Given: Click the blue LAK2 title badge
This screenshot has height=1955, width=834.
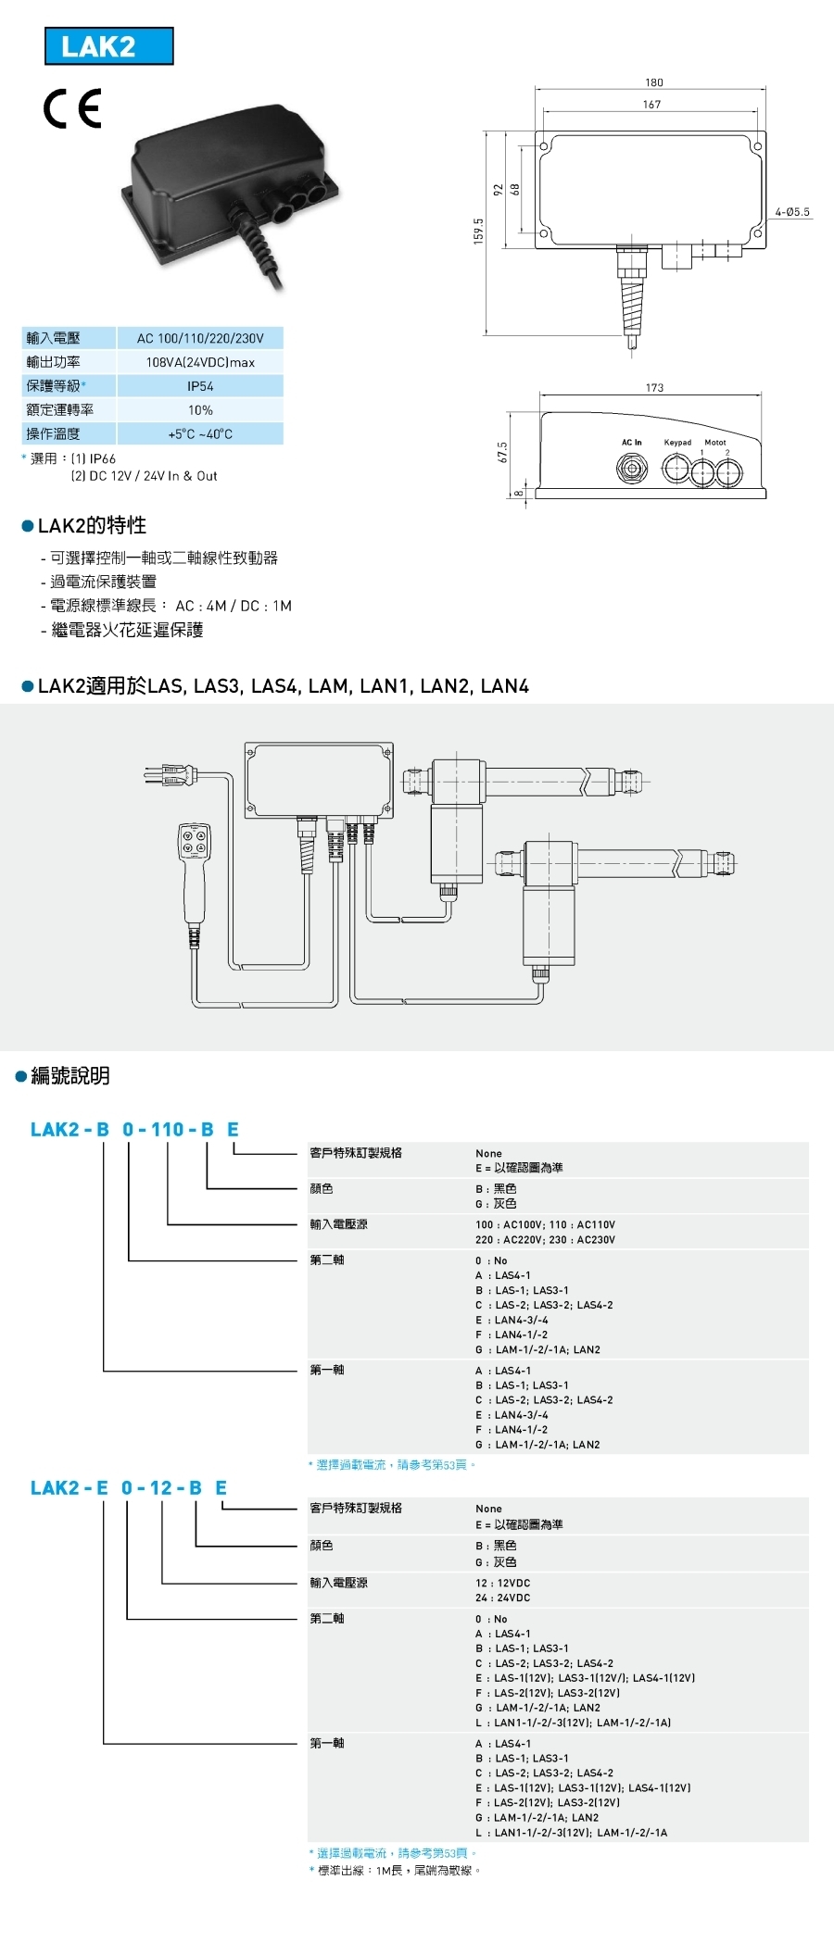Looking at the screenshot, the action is tap(109, 46).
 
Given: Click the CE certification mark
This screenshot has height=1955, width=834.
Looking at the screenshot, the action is tap(72, 109).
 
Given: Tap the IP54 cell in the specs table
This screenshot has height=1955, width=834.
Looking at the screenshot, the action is tap(200, 386).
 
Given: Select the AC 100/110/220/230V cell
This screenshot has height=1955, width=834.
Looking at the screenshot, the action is tap(200, 338).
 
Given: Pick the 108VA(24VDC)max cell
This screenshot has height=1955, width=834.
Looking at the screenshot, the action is tap(200, 362).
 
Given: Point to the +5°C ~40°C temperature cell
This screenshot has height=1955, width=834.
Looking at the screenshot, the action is tap(200, 433).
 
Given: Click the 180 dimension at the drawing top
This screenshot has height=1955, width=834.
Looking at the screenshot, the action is tap(654, 82).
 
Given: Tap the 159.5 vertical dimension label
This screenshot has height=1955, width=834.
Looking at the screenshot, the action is tap(478, 231).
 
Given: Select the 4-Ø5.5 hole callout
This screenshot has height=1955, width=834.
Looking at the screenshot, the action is tap(792, 212).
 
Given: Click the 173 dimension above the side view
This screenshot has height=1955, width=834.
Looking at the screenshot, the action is tap(655, 388).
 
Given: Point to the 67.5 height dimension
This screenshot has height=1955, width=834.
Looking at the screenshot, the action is tap(503, 452).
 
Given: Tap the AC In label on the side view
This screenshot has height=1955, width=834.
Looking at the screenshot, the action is tap(632, 443).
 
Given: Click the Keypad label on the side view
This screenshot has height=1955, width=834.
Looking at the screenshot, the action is tap(677, 443).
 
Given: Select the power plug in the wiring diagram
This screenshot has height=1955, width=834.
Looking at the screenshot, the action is tap(169, 775).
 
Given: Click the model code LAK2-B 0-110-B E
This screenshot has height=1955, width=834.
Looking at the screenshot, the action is tap(135, 1129).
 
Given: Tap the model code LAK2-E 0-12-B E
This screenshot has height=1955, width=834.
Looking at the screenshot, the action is tap(129, 1487).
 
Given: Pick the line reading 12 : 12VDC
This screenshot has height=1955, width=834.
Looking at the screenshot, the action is tap(503, 1583).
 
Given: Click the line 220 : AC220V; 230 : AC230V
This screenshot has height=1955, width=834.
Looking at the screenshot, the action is tap(545, 1239).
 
